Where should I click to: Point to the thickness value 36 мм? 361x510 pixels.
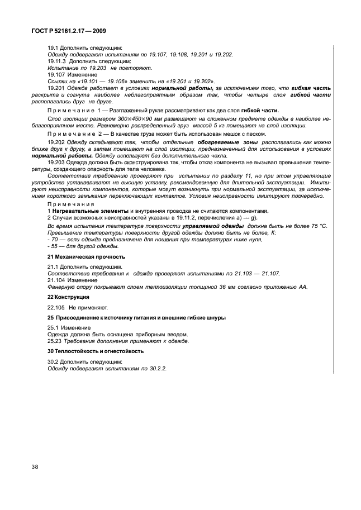(227, 287)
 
